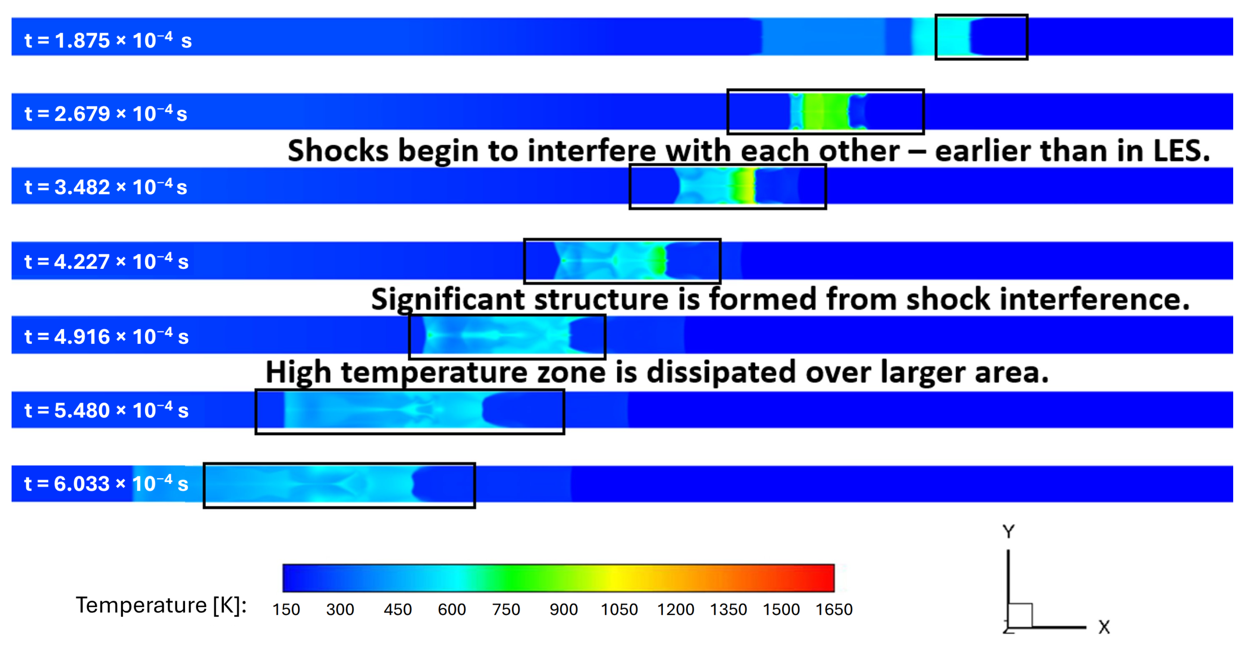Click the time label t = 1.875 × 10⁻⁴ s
[x=108, y=40]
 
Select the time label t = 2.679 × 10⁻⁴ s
[x=106, y=113]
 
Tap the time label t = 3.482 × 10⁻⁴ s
[x=106, y=187]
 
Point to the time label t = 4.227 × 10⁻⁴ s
[x=106, y=261]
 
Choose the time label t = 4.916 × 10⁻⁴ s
[x=106, y=336]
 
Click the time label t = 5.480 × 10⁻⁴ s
[x=106, y=410]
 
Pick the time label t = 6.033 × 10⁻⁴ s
[x=106, y=483]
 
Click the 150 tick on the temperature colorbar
[x=286, y=609]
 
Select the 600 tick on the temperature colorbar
[x=451, y=609]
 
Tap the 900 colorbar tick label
[x=564, y=609]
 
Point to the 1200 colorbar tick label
[x=675, y=609]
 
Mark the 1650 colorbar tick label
[x=834, y=609]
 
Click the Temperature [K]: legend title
[x=161, y=605]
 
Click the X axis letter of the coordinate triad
[x=1104, y=627]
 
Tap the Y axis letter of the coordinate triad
[x=1008, y=532]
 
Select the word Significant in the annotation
[x=448, y=299]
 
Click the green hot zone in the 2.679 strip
[x=826, y=111]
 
